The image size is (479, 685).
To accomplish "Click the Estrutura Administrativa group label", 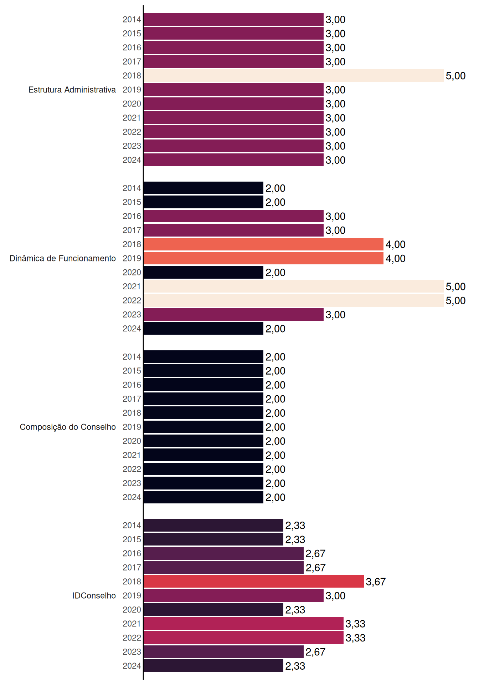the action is click(72, 90).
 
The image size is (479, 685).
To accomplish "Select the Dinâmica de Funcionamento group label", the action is click(63, 258).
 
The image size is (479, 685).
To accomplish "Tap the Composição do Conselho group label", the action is click(68, 427).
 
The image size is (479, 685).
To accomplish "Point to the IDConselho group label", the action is click(94, 595).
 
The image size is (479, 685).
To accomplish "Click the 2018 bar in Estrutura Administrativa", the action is click(294, 76).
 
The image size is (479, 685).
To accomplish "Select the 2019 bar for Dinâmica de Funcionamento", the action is click(264, 258).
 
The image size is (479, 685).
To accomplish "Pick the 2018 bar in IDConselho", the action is click(254, 582).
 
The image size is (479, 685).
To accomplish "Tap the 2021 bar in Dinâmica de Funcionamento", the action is click(294, 286).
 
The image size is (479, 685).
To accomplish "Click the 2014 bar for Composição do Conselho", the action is click(204, 357).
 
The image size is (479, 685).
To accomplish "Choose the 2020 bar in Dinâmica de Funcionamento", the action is click(204, 272).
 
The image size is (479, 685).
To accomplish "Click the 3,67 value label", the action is click(376, 582).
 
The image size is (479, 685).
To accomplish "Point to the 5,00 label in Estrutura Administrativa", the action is click(455, 76).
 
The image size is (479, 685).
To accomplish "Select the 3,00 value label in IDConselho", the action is click(335, 596).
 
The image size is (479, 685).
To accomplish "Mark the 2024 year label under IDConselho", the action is click(132, 666).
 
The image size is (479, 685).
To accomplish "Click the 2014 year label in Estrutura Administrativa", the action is click(132, 20).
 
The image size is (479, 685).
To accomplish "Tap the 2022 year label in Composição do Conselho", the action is click(132, 469).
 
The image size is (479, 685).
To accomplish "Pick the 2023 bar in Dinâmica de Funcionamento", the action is click(234, 314).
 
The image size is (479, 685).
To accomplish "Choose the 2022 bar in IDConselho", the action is click(244, 638).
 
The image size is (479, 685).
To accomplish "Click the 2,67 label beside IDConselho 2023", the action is click(315, 652).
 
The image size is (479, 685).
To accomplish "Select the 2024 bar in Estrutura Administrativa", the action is click(234, 160).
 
